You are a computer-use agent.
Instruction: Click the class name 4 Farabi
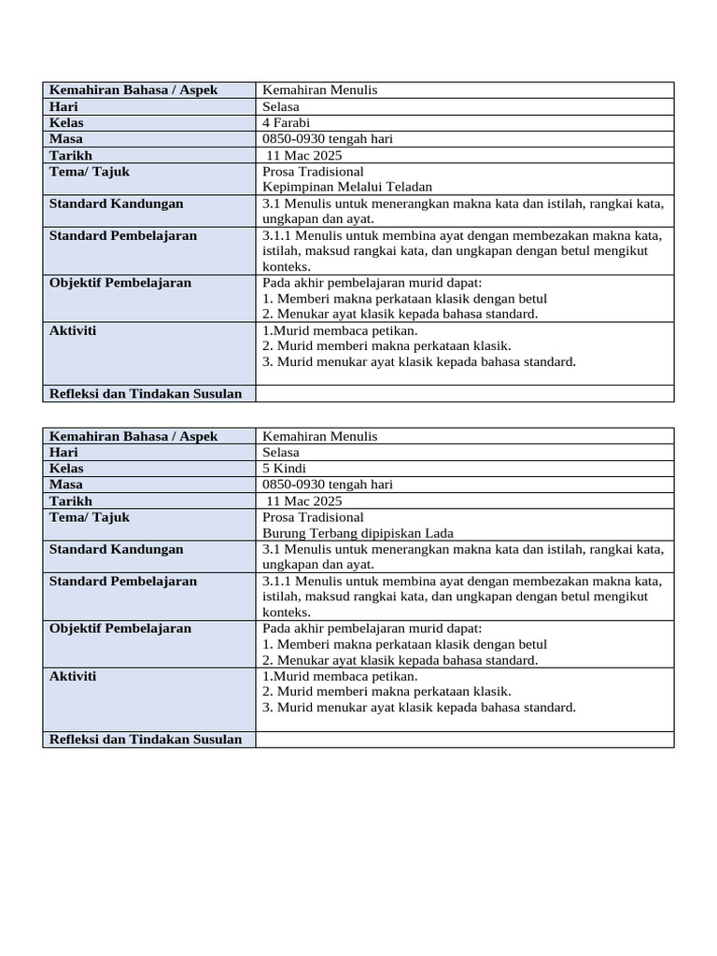click(x=287, y=122)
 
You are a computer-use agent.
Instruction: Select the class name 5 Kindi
click(x=284, y=468)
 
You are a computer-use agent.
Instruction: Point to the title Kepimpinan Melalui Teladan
click(x=347, y=187)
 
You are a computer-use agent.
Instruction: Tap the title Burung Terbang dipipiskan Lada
click(x=358, y=533)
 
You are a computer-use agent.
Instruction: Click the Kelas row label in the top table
click(x=66, y=122)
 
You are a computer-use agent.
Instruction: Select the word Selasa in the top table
click(x=281, y=106)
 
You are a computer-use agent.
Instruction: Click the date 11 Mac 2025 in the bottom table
click(x=304, y=500)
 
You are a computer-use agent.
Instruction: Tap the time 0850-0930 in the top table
click(x=295, y=139)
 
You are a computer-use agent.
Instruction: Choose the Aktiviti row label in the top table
click(x=73, y=330)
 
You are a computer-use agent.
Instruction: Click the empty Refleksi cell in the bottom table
click(x=464, y=739)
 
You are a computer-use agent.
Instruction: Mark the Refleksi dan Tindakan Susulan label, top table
click(x=145, y=393)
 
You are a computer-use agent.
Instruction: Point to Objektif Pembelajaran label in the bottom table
click(x=119, y=628)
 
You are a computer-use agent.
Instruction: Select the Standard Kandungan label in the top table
click(x=116, y=204)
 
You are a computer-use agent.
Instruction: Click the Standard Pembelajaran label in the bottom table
click(x=122, y=581)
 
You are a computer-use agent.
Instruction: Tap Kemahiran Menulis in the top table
click(x=319, y=90)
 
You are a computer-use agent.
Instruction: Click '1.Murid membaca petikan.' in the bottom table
click(x=340, y=676)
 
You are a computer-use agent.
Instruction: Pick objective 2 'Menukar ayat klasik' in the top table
click(x=401, y=314)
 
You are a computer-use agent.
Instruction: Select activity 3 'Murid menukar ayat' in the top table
click(x=419, y=361)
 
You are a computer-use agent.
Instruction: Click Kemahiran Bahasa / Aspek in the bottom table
click(x=133, y=436)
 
